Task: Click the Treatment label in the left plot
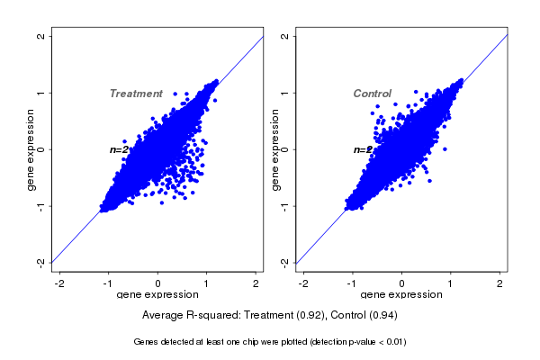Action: (136, 94)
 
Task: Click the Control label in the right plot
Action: (372, 94)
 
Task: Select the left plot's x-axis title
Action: (157, 295)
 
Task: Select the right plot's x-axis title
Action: (401, 295)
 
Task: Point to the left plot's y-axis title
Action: (31, 149)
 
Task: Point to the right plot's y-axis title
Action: (275, 149)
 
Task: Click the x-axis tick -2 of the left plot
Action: (60, 283)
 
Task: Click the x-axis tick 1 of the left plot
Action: (207, 283)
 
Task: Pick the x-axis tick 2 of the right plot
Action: (500, 283)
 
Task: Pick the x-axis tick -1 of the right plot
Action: (353, 283)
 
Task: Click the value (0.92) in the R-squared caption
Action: (305, 315)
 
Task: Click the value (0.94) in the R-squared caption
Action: (381, 315)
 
